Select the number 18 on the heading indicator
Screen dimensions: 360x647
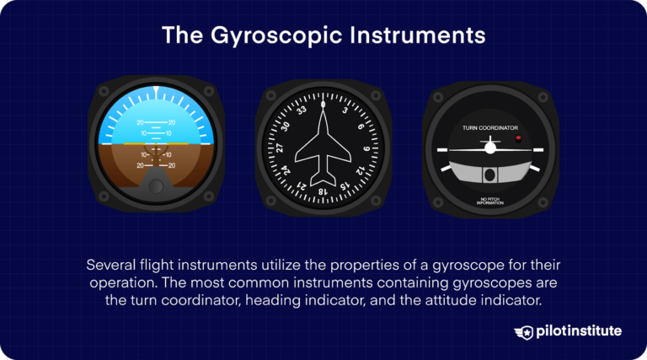(323, 191)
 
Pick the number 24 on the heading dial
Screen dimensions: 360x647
(286, 171)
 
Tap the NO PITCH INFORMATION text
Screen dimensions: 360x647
(490, 201)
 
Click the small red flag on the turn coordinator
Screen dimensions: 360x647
(518, 137)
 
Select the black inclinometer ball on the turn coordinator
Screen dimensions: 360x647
(489, 175)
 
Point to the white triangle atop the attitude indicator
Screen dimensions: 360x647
(157, 89)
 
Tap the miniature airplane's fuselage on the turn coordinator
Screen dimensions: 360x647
(489, 148)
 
